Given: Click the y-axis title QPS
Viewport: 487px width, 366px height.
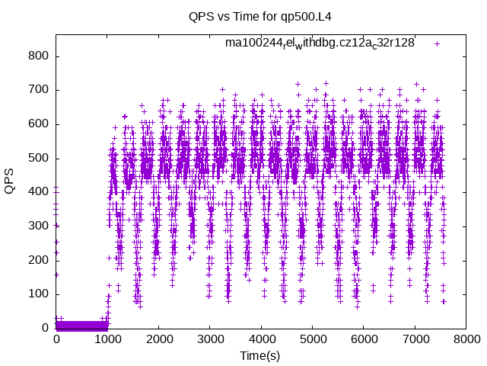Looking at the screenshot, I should coord(10,181).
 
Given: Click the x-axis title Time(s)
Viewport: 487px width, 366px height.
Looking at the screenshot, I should coord(260,355).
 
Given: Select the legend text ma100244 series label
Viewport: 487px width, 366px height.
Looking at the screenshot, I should coord(320,43).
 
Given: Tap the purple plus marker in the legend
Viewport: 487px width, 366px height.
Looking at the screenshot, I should coord(437,43).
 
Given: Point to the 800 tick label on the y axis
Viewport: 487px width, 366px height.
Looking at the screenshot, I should coord(38,56).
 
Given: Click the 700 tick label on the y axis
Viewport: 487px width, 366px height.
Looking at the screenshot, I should coord(38,90).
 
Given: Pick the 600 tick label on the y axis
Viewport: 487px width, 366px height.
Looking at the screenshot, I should coord(38,124).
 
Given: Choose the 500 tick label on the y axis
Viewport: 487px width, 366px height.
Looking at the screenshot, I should coord(38,158).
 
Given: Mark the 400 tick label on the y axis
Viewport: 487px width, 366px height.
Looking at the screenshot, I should coord(38,192).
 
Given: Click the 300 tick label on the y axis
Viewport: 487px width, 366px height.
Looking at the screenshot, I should coord(38,226).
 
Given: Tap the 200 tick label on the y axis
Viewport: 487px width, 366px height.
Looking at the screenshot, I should coord(38,260).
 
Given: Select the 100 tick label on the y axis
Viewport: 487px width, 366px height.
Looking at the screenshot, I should coord(38,294).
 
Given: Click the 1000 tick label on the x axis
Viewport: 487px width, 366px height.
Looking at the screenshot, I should coord(107,339).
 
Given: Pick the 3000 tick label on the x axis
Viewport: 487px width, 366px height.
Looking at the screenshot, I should coord(210,339).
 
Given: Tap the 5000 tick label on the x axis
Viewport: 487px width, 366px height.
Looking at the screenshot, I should coord(313,339).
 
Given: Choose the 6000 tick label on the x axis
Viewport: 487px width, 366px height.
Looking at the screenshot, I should coord(364,339).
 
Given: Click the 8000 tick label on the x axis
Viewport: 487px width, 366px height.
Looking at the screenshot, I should coord(467,339).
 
